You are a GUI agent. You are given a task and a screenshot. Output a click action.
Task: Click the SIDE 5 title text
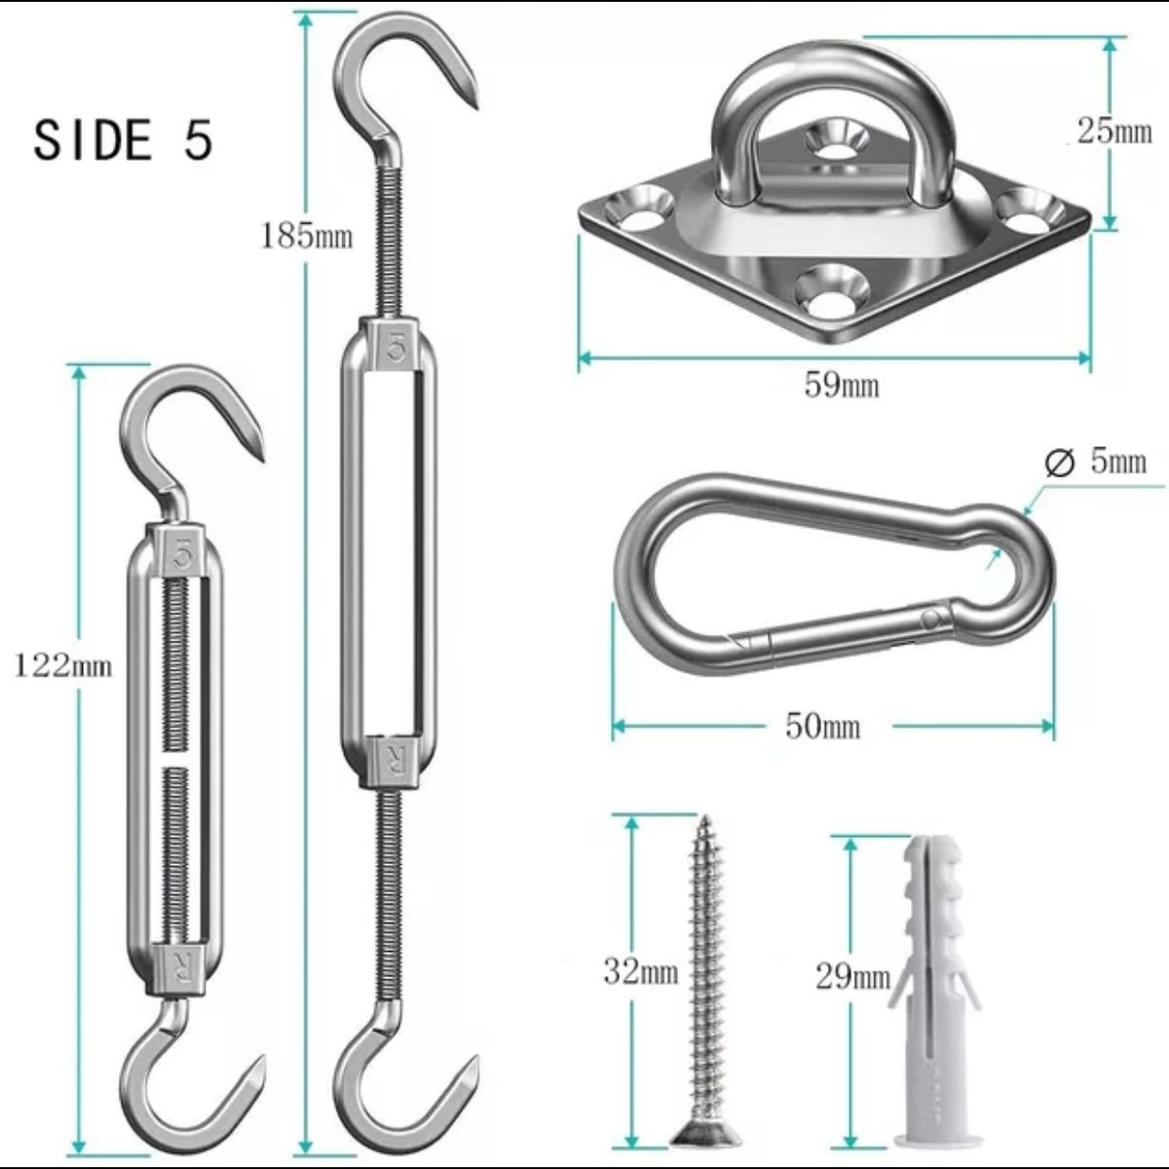click(123, 140)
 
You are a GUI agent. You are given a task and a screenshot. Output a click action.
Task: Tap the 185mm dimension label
click(306, 236)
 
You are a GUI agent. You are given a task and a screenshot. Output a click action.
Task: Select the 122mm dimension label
click(63, 666)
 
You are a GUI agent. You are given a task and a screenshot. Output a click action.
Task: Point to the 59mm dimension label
click(842, 384)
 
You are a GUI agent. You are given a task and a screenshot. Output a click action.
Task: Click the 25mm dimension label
click(1114, 131)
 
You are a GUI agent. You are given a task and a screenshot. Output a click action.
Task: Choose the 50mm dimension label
click(822, 726)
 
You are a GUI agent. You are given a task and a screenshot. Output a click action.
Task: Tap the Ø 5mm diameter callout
click(1096, 462)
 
